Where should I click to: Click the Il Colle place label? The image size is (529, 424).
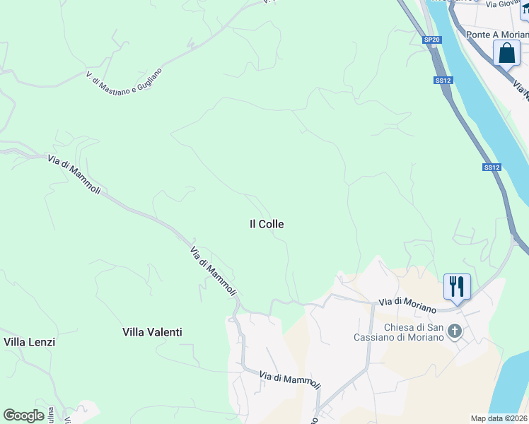pyautogui.click(x=267, y=224)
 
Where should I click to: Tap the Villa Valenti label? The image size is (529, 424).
pyautogui.click(x=152, y=332)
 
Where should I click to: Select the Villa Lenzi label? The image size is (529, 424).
pyautogui.click(x=30, y=342)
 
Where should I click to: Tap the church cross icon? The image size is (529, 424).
pyautogui.click(x=455, y=331)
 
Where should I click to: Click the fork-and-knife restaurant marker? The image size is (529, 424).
pyautogui.click(x=456, y=287)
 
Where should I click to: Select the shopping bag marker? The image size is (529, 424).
pyautogui.click(x=506, y=53)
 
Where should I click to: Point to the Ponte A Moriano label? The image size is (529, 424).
pyautogui.click(x=497, y=35)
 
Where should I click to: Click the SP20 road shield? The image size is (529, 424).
pyautogui.click(x=432, y=40)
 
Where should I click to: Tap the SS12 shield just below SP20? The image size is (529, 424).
pyautogui.click(x=443, y=81)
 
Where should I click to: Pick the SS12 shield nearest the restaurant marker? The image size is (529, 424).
pyautogui.click(x=492, y=167)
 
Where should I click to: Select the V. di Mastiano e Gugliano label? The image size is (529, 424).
pyautogui.click(x=124, y=88)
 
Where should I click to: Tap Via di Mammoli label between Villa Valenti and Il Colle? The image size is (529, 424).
pyautogui.click(x=213, y=271)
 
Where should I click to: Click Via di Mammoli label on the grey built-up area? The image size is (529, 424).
pyautogui.click(x=289, y=380)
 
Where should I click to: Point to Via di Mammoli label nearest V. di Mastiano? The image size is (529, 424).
pyautogui.click(x=74, y=175)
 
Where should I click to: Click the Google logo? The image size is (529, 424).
pyautogui.click(x=23, y=416)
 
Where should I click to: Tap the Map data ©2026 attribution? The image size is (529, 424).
pyautogui.click(x=499, y=418)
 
